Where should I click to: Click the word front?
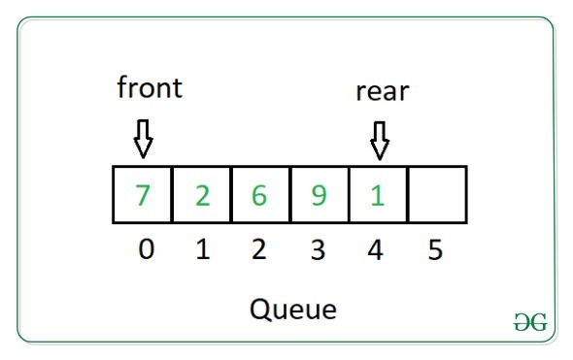click(x=150, y=88)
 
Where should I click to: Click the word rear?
click(x=383, y=92)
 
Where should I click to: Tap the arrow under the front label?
click(x=144, y=139)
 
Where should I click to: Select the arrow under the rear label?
click(x=380, y=140)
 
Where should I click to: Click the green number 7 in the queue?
click(x=143, y=195)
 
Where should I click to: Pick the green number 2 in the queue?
click(x=202, y=195)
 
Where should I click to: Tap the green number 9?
click(x=320, y=195)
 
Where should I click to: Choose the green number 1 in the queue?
click(x=378, y=195)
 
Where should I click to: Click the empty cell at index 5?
click(x=437, y=195)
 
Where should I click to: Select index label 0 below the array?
click(x=146, y=250)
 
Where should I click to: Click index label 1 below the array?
click(x=203, y=250)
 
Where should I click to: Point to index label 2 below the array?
click(x=259, y=250)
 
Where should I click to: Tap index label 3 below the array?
click(x=318, y=250)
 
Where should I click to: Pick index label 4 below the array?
click(x=376, y=250)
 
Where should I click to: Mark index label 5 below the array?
click(x=435, y=250)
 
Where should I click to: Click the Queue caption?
click(x=293, y=310)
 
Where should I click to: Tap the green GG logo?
click(x=529, y=324)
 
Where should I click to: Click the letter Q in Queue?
click(x=260, y=310)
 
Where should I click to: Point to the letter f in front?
click(x=122, y=87)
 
